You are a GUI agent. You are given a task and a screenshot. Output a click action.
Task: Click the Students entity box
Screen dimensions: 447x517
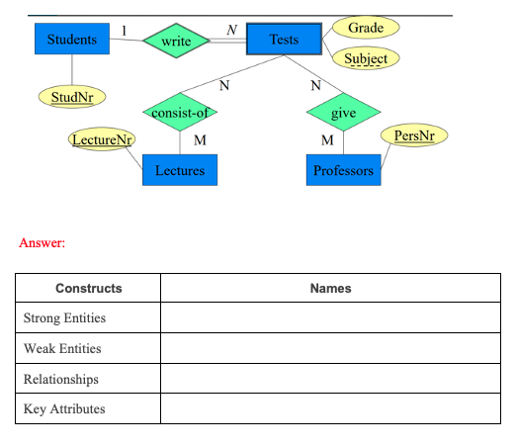click(72, 40)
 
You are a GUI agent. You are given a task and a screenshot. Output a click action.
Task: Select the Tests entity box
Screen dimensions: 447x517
click(284, 40)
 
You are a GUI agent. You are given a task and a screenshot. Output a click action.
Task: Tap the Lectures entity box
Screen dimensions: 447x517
click(180, 170)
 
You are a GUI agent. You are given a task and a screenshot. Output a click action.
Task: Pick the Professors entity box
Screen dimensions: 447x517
click(343, 170)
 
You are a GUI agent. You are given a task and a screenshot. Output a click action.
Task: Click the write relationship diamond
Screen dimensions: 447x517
click(176, 42)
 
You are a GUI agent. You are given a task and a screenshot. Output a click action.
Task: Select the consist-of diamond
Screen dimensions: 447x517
click(180, 113)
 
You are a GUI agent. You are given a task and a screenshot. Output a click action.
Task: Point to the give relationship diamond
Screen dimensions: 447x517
click(343, 113)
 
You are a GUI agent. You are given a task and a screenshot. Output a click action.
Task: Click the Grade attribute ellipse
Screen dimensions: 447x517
click(365, 27)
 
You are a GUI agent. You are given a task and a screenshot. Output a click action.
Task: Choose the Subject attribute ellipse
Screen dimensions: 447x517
click(365, 58)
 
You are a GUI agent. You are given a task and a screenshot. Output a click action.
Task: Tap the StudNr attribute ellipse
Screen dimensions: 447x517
click(72, 97)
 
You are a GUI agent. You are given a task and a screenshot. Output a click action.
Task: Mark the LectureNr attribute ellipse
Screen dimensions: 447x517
click(102, 140)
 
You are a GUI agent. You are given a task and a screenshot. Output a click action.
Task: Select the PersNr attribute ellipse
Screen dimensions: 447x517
click(413, 134)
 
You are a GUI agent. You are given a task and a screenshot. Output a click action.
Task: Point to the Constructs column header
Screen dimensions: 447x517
click(88, 289)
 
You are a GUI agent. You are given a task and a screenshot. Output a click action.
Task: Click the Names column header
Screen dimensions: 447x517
click(330, 289)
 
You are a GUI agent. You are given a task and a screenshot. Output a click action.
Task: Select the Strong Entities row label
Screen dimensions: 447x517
click(64, 318)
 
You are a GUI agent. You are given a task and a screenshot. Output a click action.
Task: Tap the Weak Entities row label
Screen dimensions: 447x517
click(62, 349)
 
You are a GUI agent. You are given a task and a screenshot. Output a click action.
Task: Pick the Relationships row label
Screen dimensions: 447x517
click(61, 379)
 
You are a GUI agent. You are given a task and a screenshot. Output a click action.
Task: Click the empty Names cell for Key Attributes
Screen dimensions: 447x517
click(330, 409)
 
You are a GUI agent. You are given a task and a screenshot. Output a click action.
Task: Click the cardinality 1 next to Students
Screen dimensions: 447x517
click(124, 31)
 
